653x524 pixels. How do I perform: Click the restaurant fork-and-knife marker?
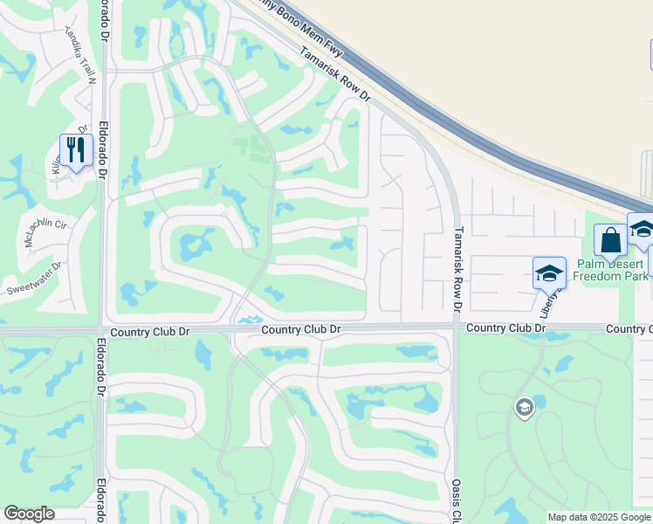tap(76, 150)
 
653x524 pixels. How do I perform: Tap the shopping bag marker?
tap(610, 240)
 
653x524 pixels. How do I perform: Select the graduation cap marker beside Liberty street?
tap(549, 272)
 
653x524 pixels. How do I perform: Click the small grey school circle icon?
tap(524, 408)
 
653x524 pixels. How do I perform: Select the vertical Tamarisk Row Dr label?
tap(456, 267)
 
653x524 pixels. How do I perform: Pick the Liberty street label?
tap(548, 303)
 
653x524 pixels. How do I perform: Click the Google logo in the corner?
tap(29, 514)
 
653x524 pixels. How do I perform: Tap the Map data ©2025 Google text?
tap(599, 517)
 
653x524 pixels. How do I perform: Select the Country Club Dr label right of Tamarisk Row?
tap(505, 327)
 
